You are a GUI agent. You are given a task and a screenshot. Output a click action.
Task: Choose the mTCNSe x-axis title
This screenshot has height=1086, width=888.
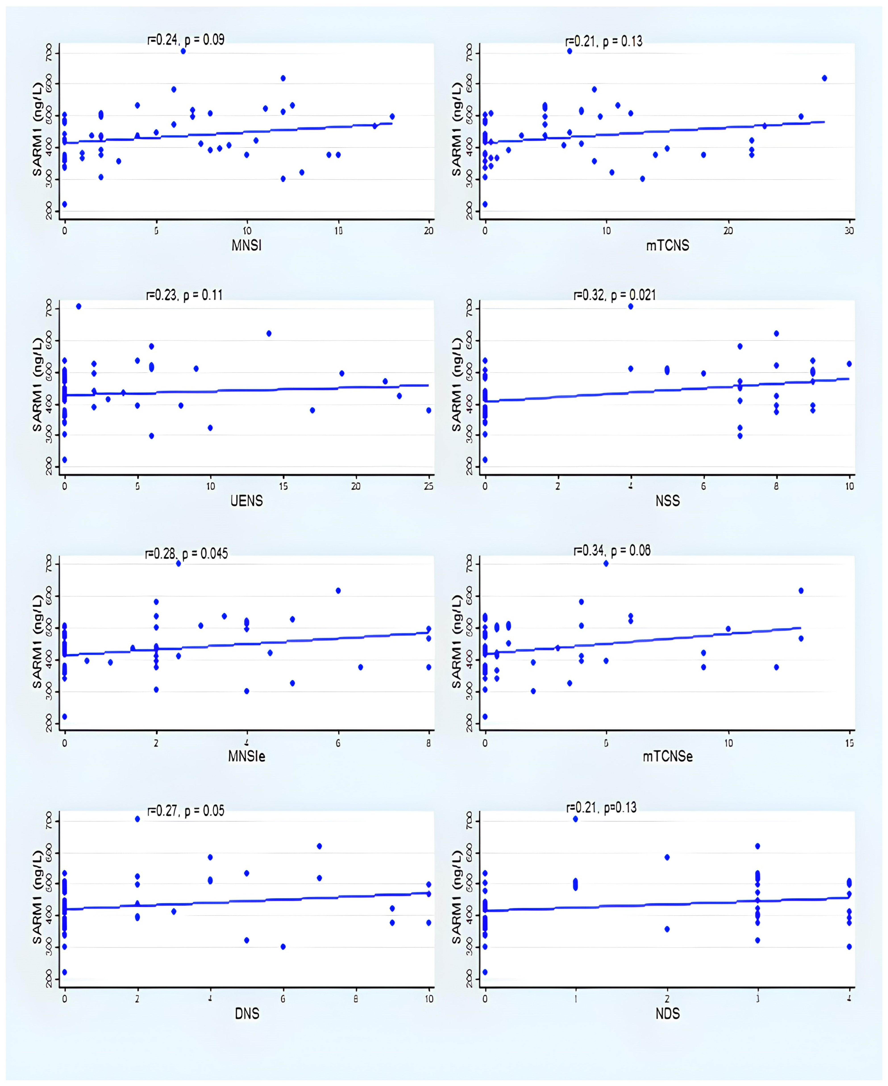point(668,756)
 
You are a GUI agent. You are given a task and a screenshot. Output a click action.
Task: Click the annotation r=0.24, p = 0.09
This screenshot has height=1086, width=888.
point(186,40)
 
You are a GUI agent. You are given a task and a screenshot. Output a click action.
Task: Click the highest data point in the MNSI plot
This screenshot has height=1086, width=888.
point(183,51)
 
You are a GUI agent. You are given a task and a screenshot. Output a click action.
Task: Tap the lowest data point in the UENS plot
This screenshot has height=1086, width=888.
point(64,460)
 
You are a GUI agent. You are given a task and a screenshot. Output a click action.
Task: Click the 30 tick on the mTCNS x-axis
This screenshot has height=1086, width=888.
point(849,231)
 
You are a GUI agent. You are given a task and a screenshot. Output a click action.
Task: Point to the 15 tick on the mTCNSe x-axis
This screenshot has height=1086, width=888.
point(849,743)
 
